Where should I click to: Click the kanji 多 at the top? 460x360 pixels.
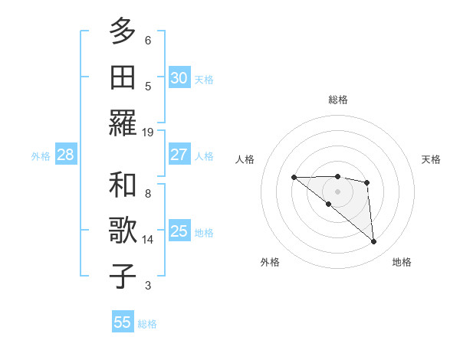point(123,31)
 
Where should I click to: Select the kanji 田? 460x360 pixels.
point(123,77)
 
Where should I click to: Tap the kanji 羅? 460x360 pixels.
point(123,123)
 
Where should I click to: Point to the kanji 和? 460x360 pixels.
point(123,185)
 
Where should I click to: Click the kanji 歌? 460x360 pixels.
point(123,231)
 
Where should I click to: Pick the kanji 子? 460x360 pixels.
point(123,276)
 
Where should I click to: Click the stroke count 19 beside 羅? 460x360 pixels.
point(148,132)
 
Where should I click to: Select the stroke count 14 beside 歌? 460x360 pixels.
point(148,240)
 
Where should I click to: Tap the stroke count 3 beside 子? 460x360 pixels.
point(148,286)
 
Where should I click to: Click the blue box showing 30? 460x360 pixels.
point(179,77)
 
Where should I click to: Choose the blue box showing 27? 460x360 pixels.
point(179,155)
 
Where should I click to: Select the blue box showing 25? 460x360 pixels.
point(179,231)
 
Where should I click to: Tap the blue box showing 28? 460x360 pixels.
point(65,155)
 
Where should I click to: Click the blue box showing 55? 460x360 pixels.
point(123,322)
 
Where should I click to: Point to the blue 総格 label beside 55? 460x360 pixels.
point(147,324)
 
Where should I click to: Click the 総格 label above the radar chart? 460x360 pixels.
point(337,100)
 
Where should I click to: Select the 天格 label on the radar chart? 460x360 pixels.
point(431,159)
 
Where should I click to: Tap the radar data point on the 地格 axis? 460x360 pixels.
point(374,242)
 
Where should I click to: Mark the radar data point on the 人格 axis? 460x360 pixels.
point(294,178)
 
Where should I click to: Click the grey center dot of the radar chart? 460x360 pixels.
point(337,191)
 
